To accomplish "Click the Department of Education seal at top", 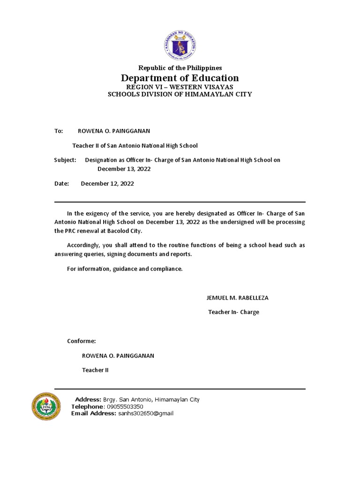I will coord(180,44).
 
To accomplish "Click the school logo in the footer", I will coord(46,406).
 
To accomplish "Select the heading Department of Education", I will coord(180,78).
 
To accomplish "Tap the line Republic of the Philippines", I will coord(180,68).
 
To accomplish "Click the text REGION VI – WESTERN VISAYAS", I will coord(180,87).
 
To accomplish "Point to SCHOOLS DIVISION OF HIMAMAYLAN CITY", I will coord(180,94).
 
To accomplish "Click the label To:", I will coord(59,131).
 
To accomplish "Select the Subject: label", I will coord(65,160).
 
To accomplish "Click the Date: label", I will coord(61,184).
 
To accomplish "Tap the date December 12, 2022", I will coord(107,184).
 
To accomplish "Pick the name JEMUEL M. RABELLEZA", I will coord(237,298).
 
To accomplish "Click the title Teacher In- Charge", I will coord(233,312).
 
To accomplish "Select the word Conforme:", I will coord(82,341).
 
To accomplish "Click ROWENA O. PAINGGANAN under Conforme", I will coord(118,356).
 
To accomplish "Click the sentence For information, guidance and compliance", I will coord(125,269).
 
